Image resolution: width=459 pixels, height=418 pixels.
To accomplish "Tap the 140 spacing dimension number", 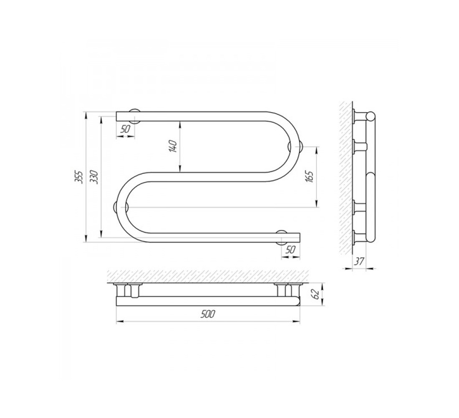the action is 173,146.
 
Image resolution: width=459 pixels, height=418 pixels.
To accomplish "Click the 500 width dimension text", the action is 208,314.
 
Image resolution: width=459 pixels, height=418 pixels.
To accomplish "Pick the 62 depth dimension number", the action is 315,294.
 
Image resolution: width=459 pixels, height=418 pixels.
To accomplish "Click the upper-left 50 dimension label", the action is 125,129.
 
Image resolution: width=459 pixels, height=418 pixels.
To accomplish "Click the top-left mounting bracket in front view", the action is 135,116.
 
